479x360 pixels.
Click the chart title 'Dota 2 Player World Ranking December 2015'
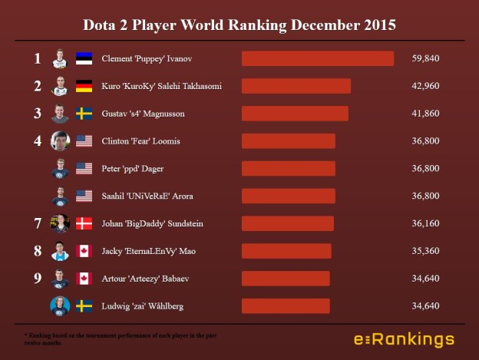pos(240,25)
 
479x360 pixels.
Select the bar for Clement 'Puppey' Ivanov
pos(318,58)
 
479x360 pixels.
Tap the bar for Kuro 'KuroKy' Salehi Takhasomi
pos(296,86)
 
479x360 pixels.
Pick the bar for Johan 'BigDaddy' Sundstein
pos(288,223)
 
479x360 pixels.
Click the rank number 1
pos(37,58)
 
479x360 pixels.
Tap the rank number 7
pos(37,223)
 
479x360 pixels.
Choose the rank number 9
pos(37,279)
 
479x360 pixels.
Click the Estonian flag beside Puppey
pos(84,58)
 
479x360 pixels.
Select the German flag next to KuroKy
pos(84,86)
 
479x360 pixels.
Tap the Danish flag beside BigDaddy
pos(84,223)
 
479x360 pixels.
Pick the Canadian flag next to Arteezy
pos(84,279)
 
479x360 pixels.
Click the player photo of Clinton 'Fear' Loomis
pos(60,141)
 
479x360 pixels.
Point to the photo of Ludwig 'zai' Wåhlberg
pos(60,306)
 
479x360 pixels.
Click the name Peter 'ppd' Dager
pos(132,168)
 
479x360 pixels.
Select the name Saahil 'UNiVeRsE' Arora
pos(147,196)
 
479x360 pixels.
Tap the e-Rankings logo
pos(403,339)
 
